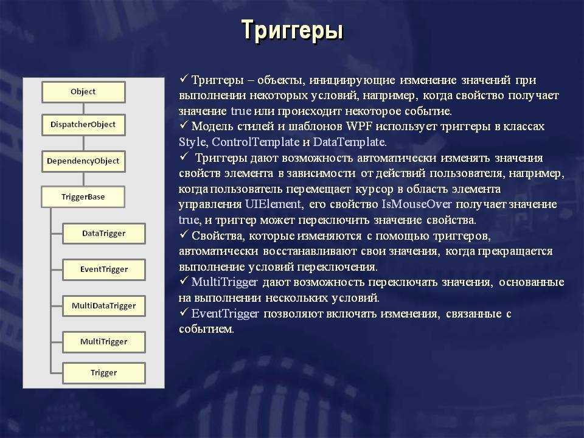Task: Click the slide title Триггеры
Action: pyautogui.click(x=292, y=30)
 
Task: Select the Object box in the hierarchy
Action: pyautogui.click(x=83, y=92)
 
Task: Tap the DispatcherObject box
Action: pyautogui.click(x=83, y=125)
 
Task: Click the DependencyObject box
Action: pyautogui.click(x=83, y=161)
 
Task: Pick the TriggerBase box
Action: pyautogui.click(x=83, y=197)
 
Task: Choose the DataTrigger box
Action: pyautogui.click(x=104, y=234)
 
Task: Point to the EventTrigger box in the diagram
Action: pyautogui.click(x=104, y=269)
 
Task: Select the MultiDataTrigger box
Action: pyautogui.click(x=104, y=306)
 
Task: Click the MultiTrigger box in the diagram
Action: pyautogui.click(x=104, y=342)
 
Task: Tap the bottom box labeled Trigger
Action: pyautogui.click(x=104, y=373)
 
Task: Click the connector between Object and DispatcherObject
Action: pyautogui.click(x=83, y=109)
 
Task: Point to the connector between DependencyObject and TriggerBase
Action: pyautogui.click(x=83, y=179)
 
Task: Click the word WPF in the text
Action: pyautogui.click(x=359, y=127)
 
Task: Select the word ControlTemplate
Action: pyautogui.click(x=255, y=142)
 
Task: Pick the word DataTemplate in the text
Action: pyautogui.click(x=350, y=142)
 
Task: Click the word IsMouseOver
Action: pyautogui.click(x=417, y=204)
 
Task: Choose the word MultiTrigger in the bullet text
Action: pyautogui.click(x=224, y=282)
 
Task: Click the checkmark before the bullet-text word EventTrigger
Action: pyautogui.click(x=184, y=311)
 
